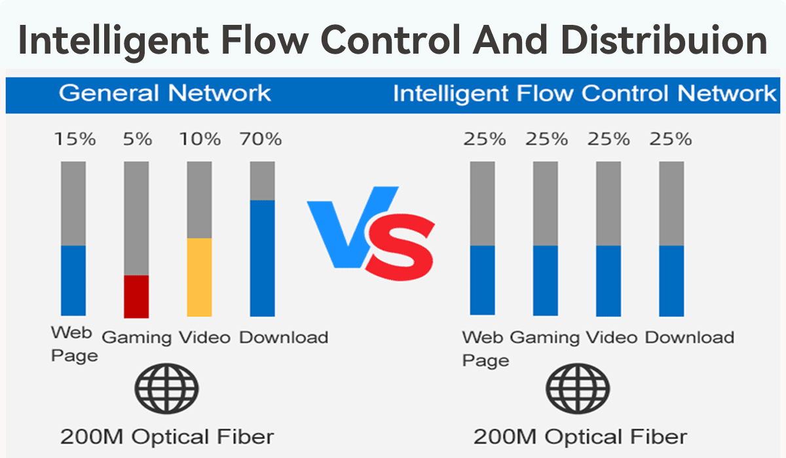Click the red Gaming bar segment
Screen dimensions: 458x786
click(x=136, y=296)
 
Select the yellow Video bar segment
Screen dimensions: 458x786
click(x=199, y=277)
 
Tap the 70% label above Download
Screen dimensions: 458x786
click(x=261, y=139)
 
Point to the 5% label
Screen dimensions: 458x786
click(x=138, y=139)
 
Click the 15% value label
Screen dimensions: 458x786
click(x=75, y=139)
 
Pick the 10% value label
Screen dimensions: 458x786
click(x=200, y=139)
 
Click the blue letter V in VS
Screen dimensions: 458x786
click(x=347, y=226)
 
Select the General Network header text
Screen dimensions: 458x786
click(x=164, y=93)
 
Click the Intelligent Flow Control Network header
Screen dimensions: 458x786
click(x=584, y=93)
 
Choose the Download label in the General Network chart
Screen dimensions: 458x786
click(x=283, y=338)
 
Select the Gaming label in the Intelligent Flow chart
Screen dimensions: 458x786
click(x=545, y=338)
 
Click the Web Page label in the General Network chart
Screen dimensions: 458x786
click(x=74, y=343)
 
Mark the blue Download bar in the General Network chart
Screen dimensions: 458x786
click(x=262, y=258)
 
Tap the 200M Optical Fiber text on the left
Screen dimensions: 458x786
click(x=166, y=436)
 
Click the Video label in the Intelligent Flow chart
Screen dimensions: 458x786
click(x=611, y=338)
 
